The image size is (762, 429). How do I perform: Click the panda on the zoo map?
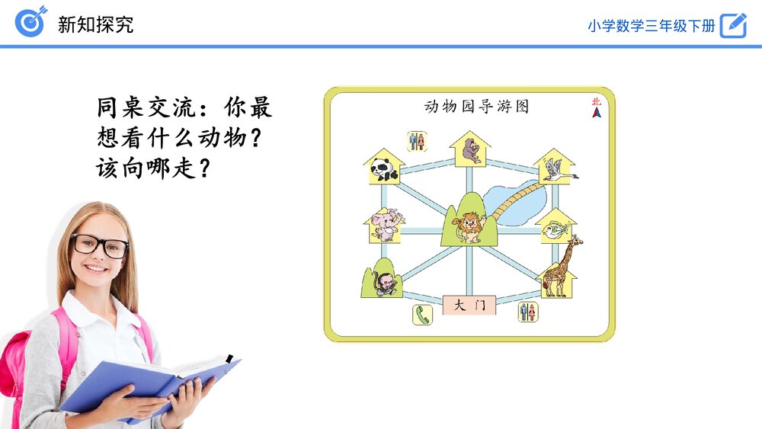coord(383,169)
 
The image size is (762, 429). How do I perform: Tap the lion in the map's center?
coord(467,226)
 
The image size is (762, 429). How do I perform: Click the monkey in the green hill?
coord(383,282)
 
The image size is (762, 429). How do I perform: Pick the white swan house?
coord(555,168)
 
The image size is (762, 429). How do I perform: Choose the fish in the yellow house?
coord(555,228)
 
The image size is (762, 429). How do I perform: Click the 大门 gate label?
coord(469,306)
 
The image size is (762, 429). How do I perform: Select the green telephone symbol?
coord(422,314)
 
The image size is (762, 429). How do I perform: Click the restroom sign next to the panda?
coord(416,141)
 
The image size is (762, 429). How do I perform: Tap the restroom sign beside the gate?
coord(527,311)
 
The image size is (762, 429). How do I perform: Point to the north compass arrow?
coord(596,111)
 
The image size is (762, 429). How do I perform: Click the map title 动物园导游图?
coord(476,106)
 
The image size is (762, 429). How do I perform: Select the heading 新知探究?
coord(95,24)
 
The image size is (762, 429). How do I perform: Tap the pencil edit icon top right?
coord(733,24)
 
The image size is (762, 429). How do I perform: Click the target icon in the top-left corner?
coord(30,22)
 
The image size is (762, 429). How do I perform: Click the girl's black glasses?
coord(100,245)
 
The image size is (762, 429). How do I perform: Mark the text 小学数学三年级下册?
coord(651,25)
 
